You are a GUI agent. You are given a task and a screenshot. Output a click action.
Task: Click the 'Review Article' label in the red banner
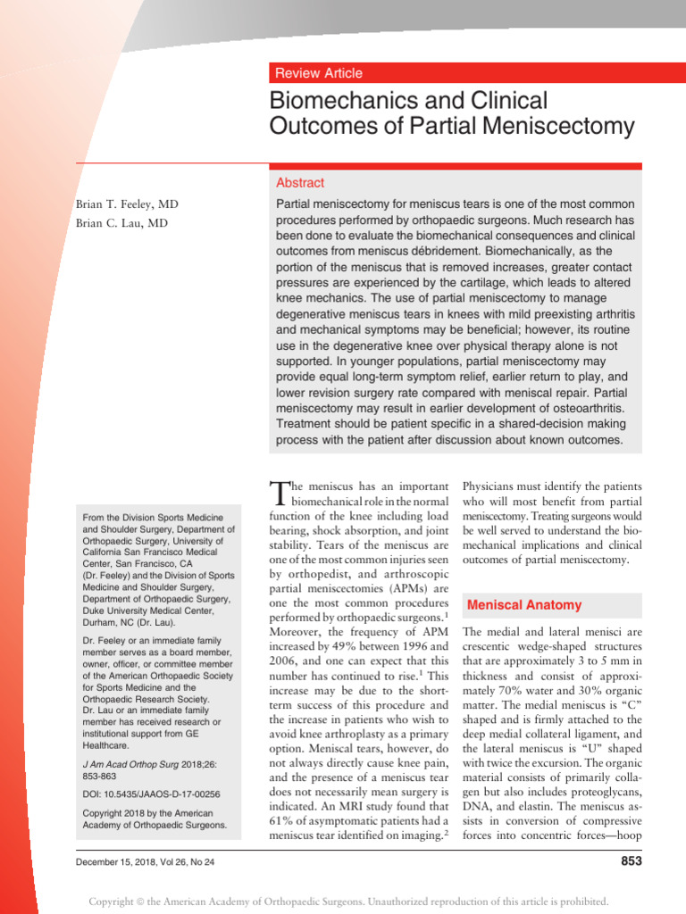(319, 73)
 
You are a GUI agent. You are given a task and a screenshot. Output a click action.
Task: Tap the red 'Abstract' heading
(300, 182)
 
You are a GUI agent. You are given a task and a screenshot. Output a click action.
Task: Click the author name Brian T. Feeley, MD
(127, 204)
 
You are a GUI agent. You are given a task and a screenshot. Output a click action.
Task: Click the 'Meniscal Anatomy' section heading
(524, 604)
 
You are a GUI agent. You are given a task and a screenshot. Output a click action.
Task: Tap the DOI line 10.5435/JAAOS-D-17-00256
(151, 794)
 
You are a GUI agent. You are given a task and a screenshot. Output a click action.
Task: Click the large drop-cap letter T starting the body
(280, 495)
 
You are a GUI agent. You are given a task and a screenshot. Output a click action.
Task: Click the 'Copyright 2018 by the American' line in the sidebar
(147, 813)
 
